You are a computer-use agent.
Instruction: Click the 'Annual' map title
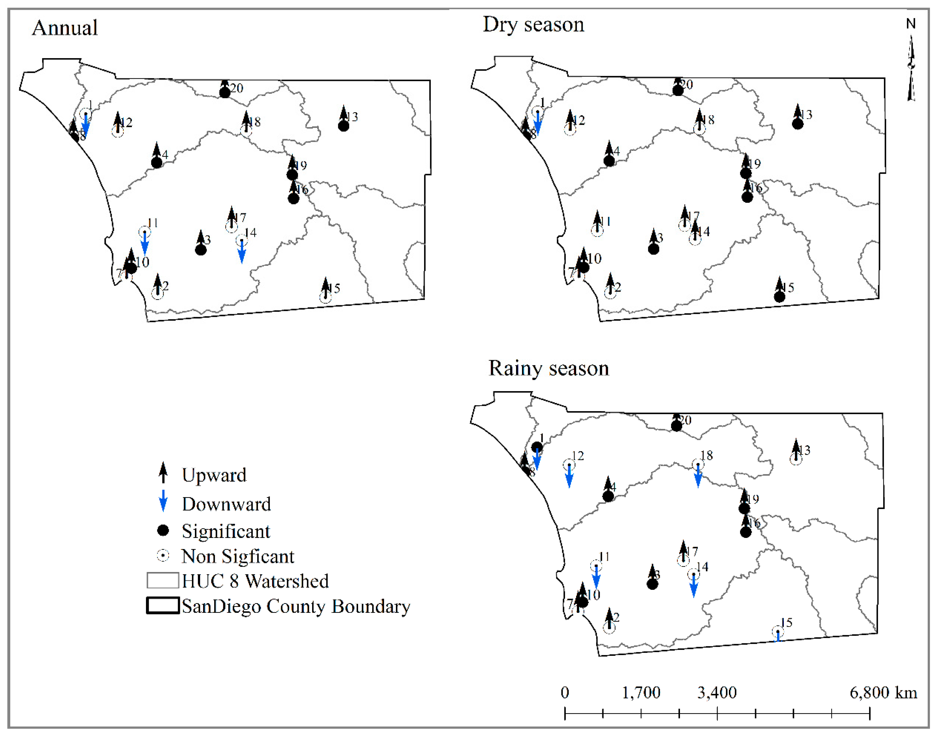(x=65, y=28)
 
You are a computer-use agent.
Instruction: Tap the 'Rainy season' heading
(x=548, y=369)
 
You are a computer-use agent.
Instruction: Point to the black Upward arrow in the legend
(x=163, y=473)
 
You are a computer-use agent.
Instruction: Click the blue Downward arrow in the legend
(x=163, y=501)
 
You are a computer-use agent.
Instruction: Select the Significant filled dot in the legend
(x=163, y=531)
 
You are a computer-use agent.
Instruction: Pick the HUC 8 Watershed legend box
(x=163, y=581)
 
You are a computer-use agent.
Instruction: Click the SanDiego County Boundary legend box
(x=163, y=606)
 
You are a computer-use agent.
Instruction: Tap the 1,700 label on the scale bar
(x=641, y=693)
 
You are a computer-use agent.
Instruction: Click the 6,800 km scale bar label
(x=883, y=693)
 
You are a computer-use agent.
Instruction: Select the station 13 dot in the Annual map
(x=343, y=126)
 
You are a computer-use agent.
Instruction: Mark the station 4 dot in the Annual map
(x=157, y=163)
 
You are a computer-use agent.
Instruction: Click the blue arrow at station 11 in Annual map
(x=145, y=244)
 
